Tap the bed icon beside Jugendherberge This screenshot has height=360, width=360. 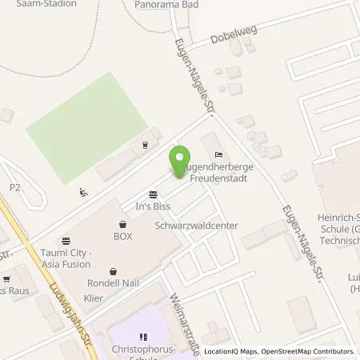218,154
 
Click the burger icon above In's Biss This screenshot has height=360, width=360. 152,194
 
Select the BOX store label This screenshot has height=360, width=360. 122,237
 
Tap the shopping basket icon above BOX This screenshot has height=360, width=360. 122,225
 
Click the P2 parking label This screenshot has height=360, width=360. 14,187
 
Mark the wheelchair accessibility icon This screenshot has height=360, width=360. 85,192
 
